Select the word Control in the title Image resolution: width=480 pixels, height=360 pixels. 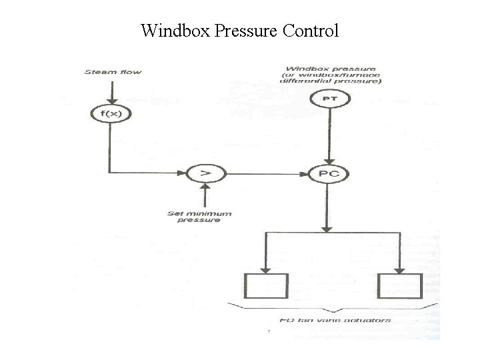tap(311, 31)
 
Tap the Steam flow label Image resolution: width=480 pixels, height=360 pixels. tap(113, 72)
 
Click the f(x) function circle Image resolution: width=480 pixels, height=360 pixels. tap(109, 114)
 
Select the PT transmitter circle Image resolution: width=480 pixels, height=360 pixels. tap(329, 99)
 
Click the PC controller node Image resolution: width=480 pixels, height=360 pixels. tap(329, 174)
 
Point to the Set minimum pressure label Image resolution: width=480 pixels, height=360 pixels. tap(199, 217)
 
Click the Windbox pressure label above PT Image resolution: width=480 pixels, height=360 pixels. tap(331, 75)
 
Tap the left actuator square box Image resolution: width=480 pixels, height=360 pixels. tap(266, 287)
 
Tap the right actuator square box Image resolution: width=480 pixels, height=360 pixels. tap(399, 287)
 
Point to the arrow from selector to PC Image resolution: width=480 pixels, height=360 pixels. tap(267, 173)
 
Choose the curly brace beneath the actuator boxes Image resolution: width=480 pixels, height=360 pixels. tap(333, 309)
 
